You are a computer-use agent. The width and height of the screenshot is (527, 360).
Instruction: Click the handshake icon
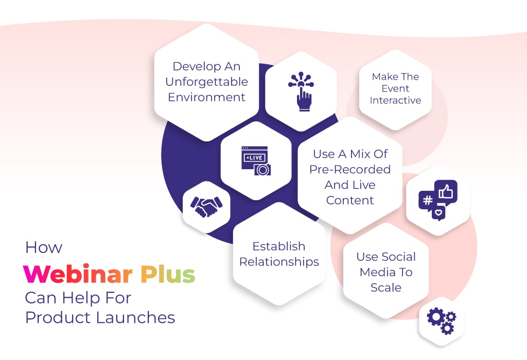(x=206, y=207)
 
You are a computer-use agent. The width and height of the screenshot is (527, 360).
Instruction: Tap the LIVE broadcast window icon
(x=256, y=160)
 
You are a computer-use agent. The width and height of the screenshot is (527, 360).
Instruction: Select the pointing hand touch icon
(x=301, y=91)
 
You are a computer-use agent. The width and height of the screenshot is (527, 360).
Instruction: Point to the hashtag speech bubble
(x=427, y=201)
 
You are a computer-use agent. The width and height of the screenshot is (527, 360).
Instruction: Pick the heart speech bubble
(x=438, y=212)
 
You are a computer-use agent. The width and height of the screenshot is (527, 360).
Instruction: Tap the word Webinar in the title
(x=78, y=274)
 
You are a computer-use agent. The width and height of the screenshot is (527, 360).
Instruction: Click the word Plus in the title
(x=168, y=274)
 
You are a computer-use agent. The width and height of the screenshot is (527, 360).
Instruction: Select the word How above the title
(x=44, y=247)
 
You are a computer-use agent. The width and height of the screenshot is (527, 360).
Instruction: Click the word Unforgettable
(x=207, y=82)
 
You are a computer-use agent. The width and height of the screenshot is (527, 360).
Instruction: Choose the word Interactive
(x=395, y=100)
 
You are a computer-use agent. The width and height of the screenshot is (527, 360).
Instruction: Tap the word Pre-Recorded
(x=350, y=169)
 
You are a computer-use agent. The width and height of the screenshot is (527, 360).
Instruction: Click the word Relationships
(x=279, y=262)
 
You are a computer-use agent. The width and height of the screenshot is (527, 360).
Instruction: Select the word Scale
(x=386, y=287)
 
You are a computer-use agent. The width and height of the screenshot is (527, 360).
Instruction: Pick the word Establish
(x=279, y=246)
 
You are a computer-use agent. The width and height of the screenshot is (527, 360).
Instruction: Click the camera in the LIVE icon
(x=262, y=170)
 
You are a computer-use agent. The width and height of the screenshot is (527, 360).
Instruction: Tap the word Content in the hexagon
(x=350, y=200)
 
